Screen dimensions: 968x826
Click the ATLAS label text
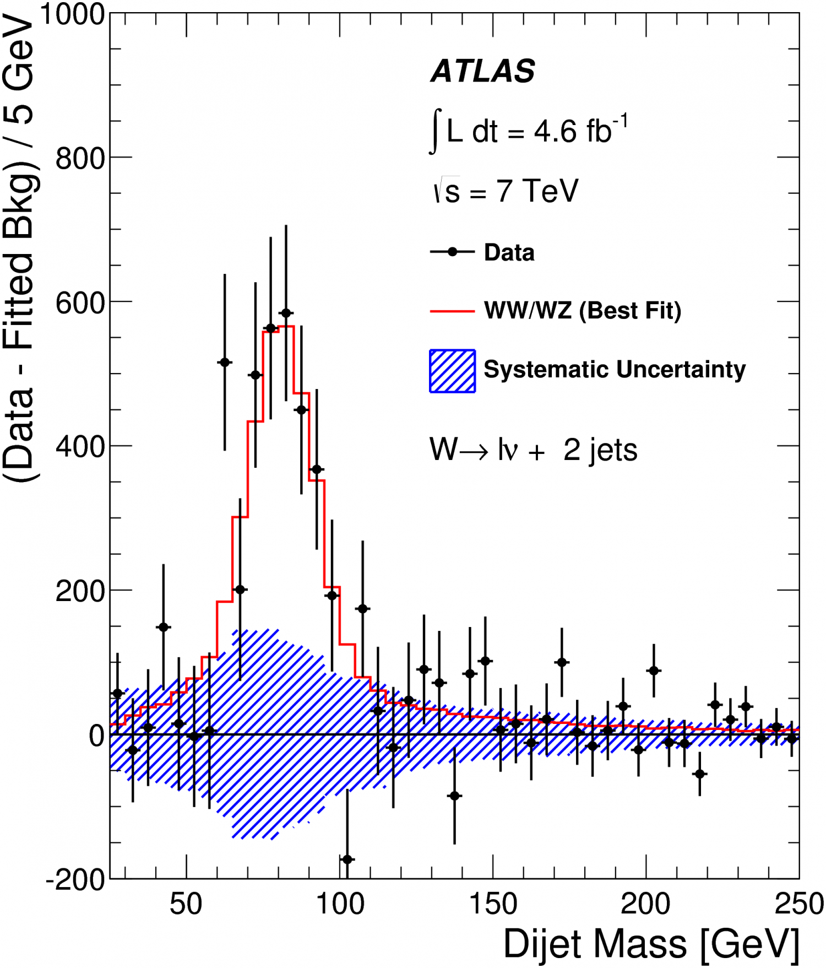482,71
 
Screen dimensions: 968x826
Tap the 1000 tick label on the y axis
72,14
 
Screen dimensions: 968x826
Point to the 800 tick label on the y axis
80,159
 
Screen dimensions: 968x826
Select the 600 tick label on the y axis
80,303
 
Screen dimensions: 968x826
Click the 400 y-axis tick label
80,447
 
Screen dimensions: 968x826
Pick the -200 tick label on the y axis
75,880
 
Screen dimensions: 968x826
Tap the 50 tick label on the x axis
186,904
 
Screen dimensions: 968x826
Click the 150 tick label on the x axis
493,904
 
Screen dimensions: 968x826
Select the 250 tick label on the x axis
798,904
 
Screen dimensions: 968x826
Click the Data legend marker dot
453,252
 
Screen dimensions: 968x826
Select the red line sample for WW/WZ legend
452,311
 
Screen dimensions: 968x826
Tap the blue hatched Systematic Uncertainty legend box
452,371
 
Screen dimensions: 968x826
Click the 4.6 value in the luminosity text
555,132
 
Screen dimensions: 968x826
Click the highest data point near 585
286,313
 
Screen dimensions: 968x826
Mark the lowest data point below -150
347,859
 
